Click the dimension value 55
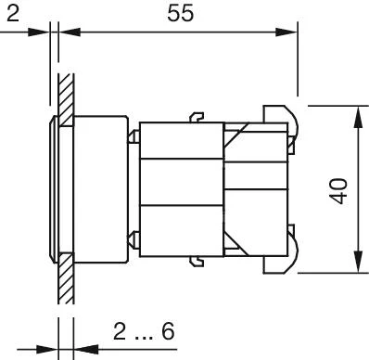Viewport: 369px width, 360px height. [x=181, y=13]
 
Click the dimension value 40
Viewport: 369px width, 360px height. [x=338, y=191]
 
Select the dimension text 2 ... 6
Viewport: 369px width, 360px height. [x=144, y=331]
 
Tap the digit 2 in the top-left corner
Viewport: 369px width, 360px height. [x=13, y=13]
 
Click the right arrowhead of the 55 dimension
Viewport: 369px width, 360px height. [x=286, y=32]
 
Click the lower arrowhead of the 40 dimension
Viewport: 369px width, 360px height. [x=358, y=263]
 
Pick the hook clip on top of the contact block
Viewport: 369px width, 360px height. [x=197, y=118]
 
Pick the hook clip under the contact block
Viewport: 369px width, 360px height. [x=197, y=262]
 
